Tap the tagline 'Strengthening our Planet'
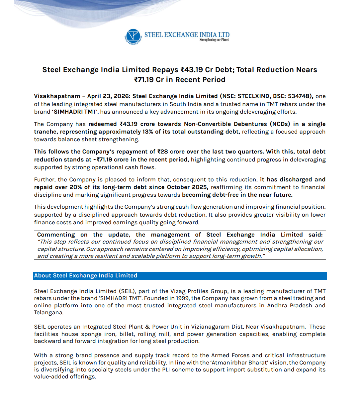coord(214,40)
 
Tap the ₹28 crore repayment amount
coord(166,152)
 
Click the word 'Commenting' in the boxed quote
coord(56,235)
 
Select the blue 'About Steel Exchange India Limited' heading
coord(86,276)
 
